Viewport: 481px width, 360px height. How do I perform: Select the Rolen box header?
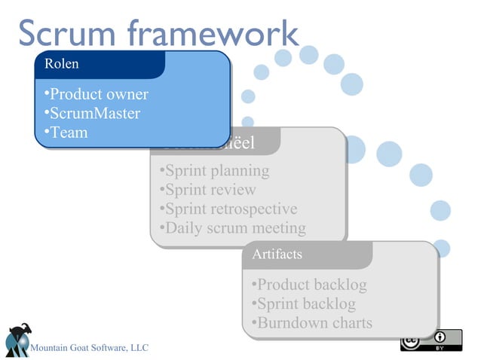[62, 64]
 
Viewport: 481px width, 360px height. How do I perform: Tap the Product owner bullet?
[96, 95]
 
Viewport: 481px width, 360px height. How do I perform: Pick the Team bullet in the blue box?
[66, 133]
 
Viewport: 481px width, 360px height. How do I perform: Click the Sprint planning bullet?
[214, 171]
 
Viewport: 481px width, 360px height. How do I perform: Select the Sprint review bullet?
[207, 190]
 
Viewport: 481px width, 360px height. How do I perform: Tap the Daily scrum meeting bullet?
[233, 227]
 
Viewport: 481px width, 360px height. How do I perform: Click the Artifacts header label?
[277, 255]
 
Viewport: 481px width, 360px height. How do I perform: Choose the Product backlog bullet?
[310, 285]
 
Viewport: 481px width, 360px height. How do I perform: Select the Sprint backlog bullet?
[304, 304]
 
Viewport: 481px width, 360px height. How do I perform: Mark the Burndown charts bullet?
[313, 323]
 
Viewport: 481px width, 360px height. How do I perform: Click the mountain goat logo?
[17, 340]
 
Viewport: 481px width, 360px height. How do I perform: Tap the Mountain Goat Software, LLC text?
[89, 347]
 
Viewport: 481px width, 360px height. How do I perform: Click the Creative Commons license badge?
[430, 340]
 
